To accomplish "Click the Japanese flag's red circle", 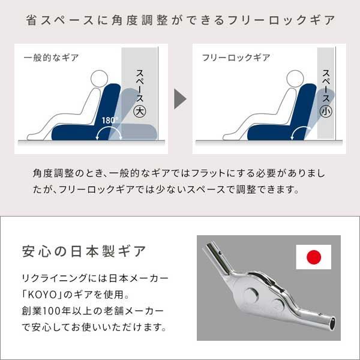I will [314, 257].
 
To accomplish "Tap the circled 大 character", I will [140, 111].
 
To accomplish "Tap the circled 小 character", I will [326, 111].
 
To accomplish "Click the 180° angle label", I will [110, 120].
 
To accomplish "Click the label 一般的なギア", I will [52, 58].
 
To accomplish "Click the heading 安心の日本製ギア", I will [83, 251].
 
